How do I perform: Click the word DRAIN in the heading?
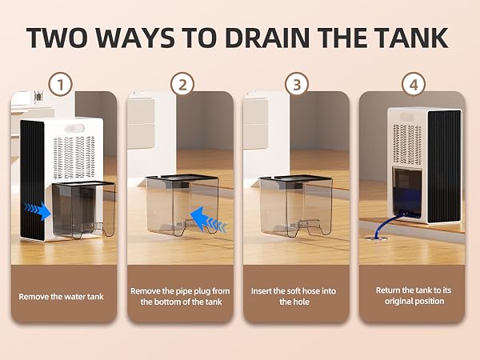(x=267, y=38)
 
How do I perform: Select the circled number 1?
(x=61, y=85)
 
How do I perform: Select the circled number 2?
(x=182, y=85)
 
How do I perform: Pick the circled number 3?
(x=297, y=85)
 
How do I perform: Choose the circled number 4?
(x=414, y=85)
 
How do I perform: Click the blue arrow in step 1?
(x=38, y=211)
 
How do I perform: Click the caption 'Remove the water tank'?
(x=62, y=297)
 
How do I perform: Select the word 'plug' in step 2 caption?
(x=201, y=291)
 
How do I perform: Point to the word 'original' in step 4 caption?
(x=399, y=302)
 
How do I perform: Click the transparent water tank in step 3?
(x=296, y=206)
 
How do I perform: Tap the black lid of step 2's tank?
(x=182, y=178)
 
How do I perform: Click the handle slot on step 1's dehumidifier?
(x=74, y=128)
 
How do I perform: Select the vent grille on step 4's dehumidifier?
(x=407, y=144)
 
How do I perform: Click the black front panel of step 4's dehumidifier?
(x=445, y=166)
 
